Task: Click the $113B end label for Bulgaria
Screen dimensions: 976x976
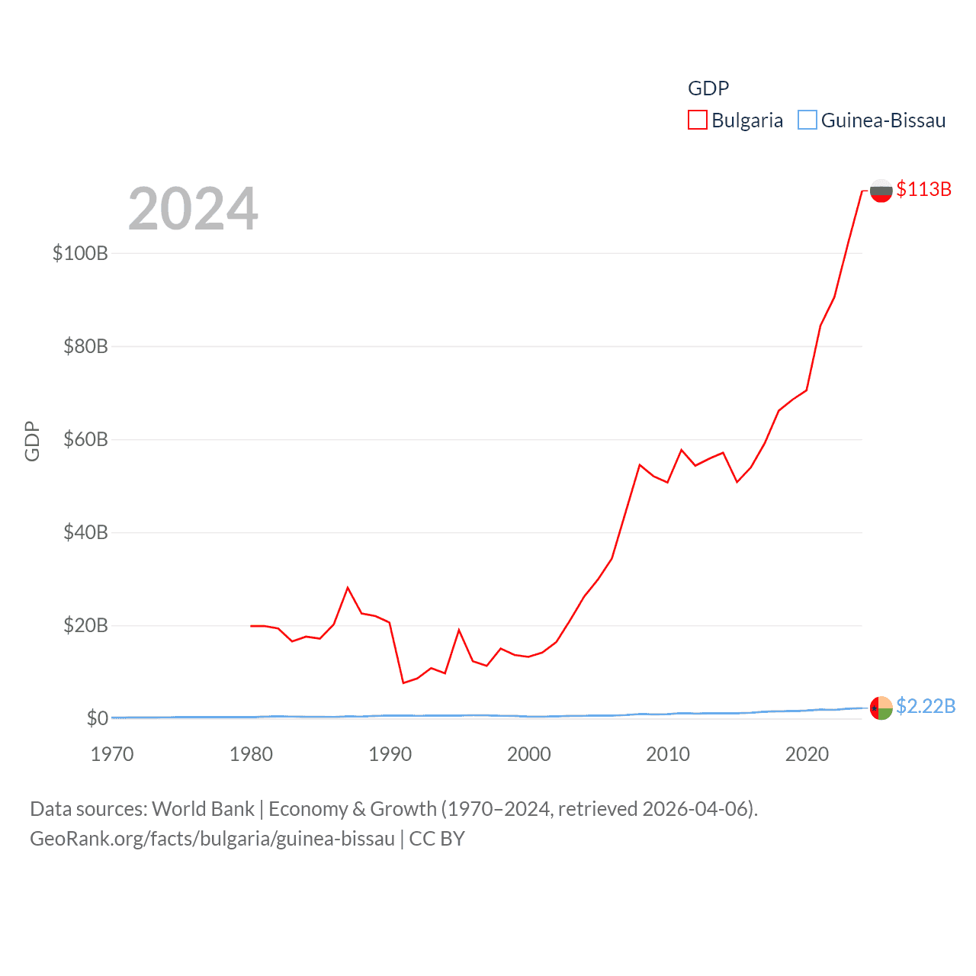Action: (923, 189)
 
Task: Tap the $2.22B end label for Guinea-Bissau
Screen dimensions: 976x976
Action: (925, 706)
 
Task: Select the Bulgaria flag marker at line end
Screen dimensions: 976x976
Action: (881, 191)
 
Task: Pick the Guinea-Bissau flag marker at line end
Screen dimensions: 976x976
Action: (881, 708)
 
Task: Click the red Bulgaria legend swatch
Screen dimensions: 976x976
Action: (697, 120)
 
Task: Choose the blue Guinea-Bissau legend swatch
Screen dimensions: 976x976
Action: (807, 120)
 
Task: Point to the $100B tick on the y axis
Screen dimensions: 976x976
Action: (80, 253)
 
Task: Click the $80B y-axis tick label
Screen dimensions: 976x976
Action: (85, 346)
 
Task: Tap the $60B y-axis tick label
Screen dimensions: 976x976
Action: (85, 439)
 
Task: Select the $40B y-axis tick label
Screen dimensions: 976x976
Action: (85, 532)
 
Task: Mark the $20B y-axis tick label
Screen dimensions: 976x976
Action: (85, 625)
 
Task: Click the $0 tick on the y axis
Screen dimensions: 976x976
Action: (97, 718)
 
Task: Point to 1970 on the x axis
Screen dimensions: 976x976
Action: (112, 754)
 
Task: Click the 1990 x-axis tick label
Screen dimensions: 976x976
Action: (390, 754)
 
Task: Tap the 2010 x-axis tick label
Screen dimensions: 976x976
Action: (668, 754)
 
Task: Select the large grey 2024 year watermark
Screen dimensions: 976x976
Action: (193, 209)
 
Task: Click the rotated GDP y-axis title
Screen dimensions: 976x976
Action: (32, 441)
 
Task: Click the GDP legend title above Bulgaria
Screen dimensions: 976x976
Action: (708, 88)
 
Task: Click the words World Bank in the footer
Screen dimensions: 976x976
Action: (203, 809)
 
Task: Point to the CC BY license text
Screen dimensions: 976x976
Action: (437, 839)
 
